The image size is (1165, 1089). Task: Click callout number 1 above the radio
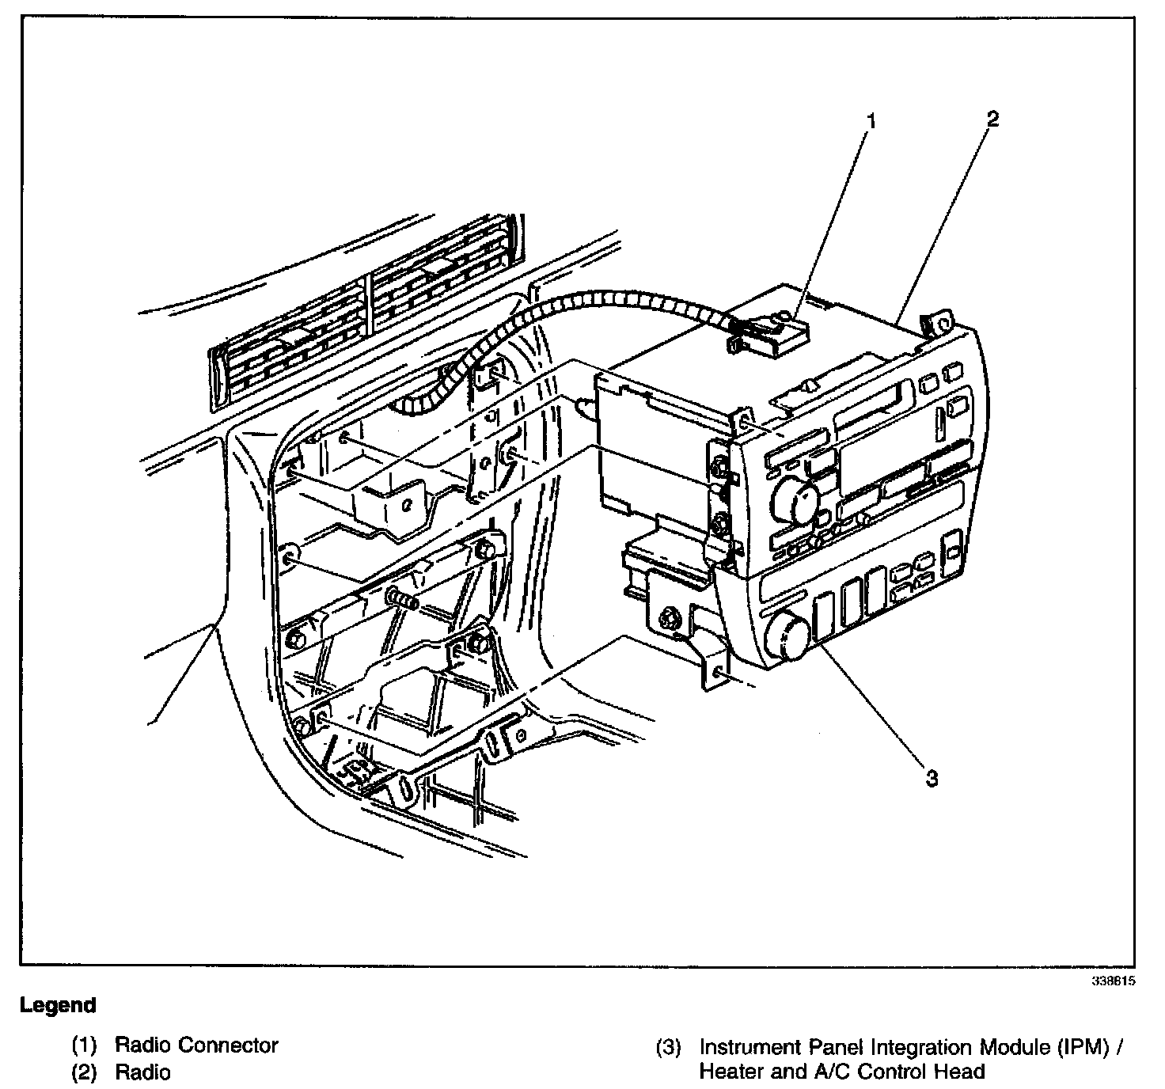871,121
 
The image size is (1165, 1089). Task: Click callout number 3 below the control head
932,778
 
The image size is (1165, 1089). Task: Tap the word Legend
58,1006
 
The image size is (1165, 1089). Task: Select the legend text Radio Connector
196,1045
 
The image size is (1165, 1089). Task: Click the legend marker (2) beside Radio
84,1072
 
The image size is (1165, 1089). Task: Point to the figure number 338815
1113,980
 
